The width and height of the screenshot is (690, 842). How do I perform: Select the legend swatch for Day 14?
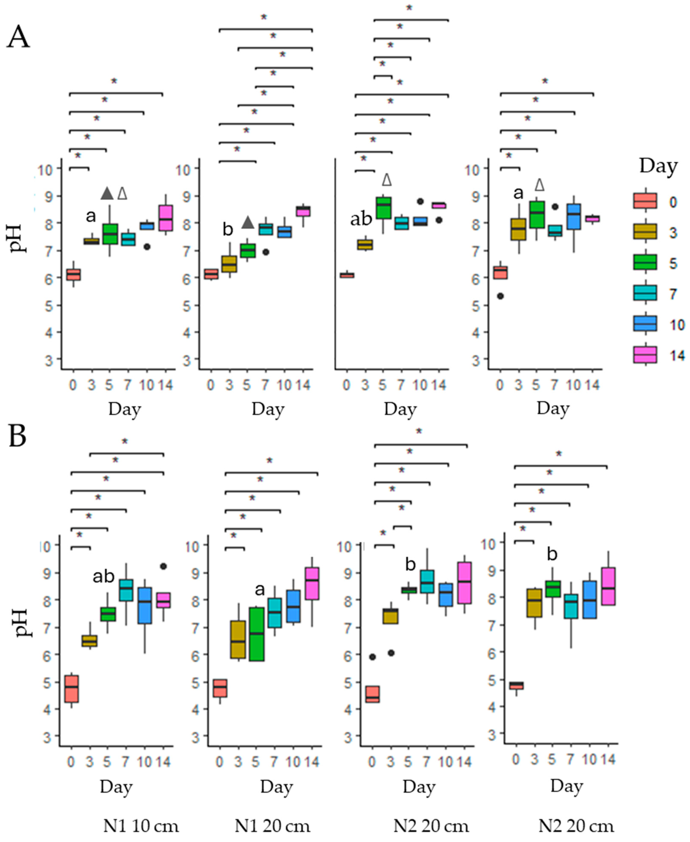coord(645,354)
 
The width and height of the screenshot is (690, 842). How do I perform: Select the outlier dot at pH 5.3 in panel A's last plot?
coord(500,296)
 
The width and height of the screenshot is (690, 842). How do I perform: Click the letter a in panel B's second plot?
coord(260,589)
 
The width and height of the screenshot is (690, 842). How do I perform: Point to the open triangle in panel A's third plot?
coord(387,180)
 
